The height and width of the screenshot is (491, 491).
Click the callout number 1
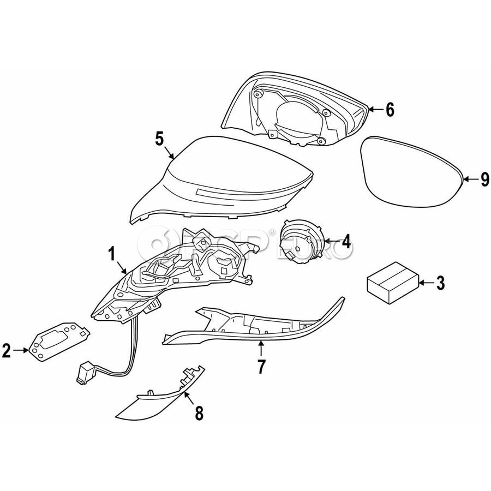[x=111, y=254]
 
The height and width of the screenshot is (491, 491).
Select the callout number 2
[x=7, y=351]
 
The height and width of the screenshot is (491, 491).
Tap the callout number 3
[x=440, y=283]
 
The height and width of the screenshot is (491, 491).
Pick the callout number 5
[x=159, y=139]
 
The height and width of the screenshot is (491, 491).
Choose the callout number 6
[x=389, y=110]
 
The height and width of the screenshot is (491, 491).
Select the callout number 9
[x=484, y=179]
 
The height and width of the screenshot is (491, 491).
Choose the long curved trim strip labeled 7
[x=256, y=327]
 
